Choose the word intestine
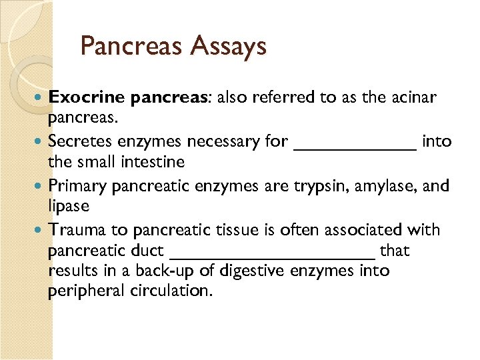(x=151, y=161)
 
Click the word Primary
(x=78, y=185)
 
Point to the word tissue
(x=242, y=230)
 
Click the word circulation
(x=173, y=291)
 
